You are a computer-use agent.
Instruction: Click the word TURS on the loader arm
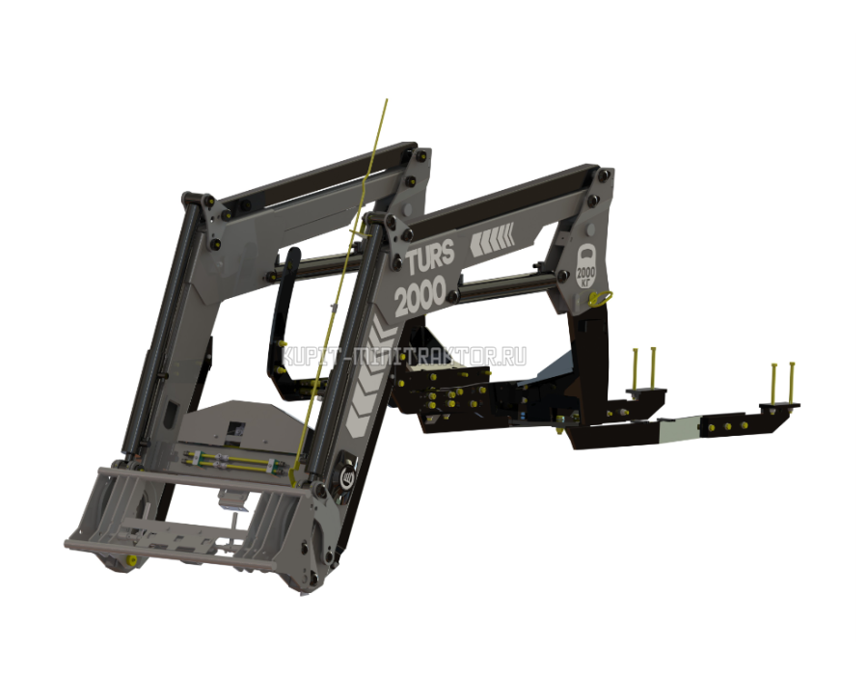431,256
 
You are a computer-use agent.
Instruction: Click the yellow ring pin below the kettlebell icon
600,298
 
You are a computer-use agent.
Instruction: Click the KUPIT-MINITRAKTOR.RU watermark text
404,357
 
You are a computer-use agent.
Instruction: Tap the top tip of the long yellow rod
387,100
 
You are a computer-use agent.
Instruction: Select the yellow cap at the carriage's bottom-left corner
132,560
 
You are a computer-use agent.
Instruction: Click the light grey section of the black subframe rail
679,429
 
